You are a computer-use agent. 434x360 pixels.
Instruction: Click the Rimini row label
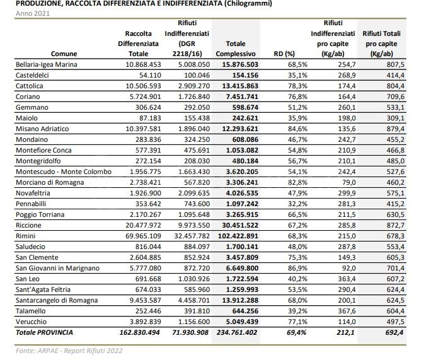coord(26,236)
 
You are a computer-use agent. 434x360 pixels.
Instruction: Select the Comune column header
coord(64,54)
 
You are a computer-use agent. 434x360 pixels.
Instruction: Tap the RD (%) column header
coord(285,54)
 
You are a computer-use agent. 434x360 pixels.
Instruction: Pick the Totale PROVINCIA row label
coord(44,332)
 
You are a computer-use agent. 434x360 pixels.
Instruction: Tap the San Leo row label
coord(28,279)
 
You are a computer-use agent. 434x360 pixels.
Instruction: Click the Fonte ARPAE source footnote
coord(69,351)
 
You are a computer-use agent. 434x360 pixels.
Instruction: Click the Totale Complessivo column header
coord(236,49)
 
